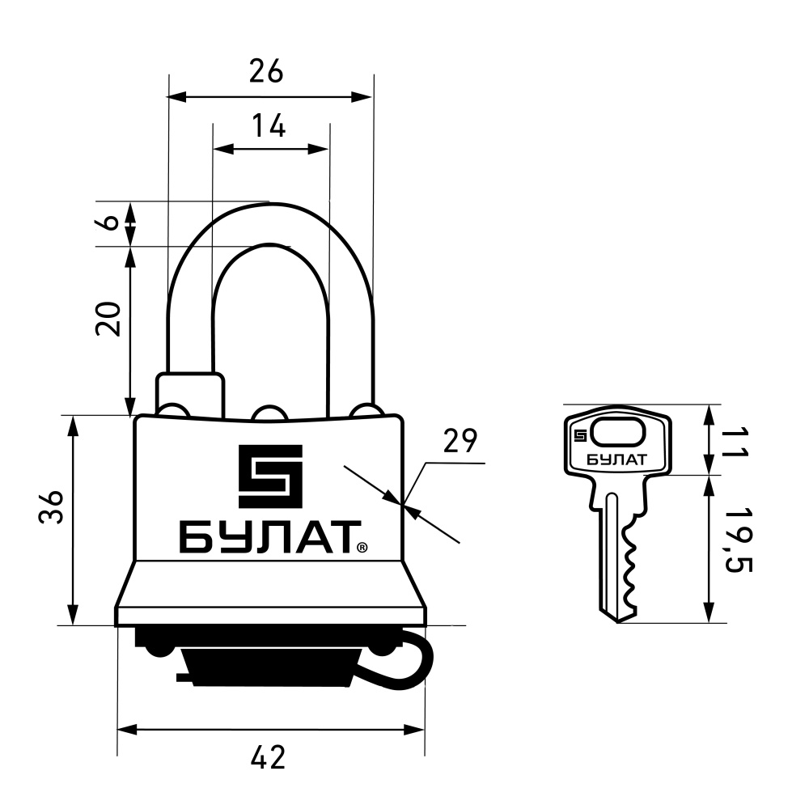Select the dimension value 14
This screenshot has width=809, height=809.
[269, 125]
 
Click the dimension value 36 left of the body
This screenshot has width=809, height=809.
[51, 506]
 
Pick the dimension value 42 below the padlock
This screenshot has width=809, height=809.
[268, 758]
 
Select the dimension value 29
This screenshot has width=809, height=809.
[461, 441]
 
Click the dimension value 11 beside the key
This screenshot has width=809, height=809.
[736, 443]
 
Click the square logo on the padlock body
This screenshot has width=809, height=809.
[270, 476]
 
